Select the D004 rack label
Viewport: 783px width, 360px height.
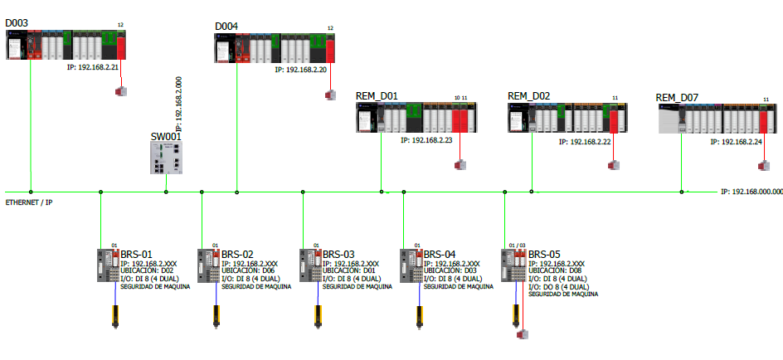(226, 27)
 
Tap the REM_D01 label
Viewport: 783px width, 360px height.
(377, 96)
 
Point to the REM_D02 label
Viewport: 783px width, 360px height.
(528, 96)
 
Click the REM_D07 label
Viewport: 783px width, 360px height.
(677, 97)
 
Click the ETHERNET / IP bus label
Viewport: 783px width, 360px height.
(30, 202)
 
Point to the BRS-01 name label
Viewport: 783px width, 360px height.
(137, 255)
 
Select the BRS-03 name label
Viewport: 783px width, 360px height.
(338, 255)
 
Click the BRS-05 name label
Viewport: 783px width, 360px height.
(545, 255)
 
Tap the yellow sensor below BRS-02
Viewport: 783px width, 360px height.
(217, 317)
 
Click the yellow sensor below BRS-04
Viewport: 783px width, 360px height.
(420, 317)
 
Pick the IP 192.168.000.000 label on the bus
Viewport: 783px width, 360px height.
(751, 192)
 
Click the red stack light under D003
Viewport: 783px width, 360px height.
(121, 89)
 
